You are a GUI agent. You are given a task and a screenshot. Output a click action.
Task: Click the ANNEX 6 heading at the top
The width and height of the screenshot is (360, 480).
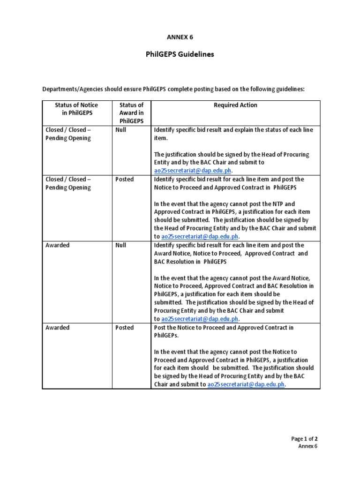[180, 36]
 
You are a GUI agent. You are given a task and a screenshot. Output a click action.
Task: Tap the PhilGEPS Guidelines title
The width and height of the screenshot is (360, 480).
[180, 54]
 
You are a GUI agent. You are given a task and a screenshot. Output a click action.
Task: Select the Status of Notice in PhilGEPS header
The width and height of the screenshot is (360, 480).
[77, 109]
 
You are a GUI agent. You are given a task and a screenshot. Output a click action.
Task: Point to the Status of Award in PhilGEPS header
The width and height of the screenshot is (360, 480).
[131, 113]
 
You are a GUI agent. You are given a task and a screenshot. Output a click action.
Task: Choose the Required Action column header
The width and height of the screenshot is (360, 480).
[235, 105]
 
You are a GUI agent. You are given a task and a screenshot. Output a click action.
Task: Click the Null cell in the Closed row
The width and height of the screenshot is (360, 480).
[120, 130]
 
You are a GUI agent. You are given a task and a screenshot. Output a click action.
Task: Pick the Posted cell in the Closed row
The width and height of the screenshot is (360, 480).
[124, 179]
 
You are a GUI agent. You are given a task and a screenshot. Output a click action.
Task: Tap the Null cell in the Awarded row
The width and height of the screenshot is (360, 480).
[120, 245]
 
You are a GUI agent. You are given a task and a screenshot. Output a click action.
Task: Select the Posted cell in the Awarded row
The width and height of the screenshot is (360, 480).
[124, 328]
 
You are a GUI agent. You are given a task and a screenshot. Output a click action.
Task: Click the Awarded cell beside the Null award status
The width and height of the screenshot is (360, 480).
[57, 245]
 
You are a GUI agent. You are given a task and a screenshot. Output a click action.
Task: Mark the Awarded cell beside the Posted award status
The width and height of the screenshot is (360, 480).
[57, 328]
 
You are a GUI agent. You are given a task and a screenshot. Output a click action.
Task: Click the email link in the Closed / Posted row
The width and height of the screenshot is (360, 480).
[200, 236]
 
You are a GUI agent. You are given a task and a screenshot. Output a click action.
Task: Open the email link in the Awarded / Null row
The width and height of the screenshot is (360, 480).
[200, 319]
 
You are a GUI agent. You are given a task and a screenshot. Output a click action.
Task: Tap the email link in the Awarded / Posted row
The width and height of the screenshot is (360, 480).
[245, 384]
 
